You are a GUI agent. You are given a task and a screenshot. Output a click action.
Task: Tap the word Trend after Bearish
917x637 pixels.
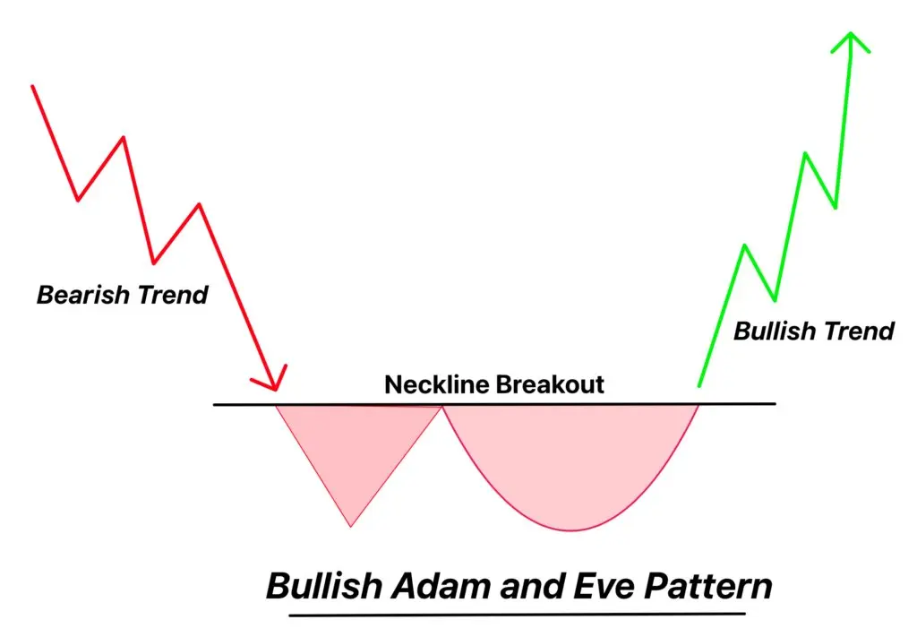pyautogui.click(x=173, y=294)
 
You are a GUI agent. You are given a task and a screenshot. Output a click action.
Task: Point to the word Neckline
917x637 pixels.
pyautogui.click(x=437, y=384)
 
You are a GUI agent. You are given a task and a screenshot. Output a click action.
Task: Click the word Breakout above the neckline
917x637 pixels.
pyautogui.click(x=551, y=384)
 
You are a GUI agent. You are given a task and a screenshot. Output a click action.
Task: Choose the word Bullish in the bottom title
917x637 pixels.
pyautogui.click(x=324, y=586)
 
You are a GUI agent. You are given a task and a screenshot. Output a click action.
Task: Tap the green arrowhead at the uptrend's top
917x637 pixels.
pyautogui.click(x=851, y=42)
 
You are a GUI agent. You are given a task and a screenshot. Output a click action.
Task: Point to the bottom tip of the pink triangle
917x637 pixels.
pyautogui.click(x=351, y=526)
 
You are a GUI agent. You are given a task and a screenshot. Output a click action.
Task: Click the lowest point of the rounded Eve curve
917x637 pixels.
pyautogui.click(x=571, y=530)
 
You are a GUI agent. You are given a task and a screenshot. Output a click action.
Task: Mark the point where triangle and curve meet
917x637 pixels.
pyautogui.click(x=442, y=406)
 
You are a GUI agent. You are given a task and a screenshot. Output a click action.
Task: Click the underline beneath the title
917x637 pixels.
pyautogui.click(x=518, y=615)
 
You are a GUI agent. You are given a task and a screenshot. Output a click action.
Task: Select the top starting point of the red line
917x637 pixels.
pyautogui.click(x=33, y=87)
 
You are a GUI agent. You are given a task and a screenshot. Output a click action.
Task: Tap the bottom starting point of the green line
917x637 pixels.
pyautogui.click(x=698, y=386)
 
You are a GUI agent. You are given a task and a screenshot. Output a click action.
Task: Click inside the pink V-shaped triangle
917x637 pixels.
pyautogui.click(x=355, y=444)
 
